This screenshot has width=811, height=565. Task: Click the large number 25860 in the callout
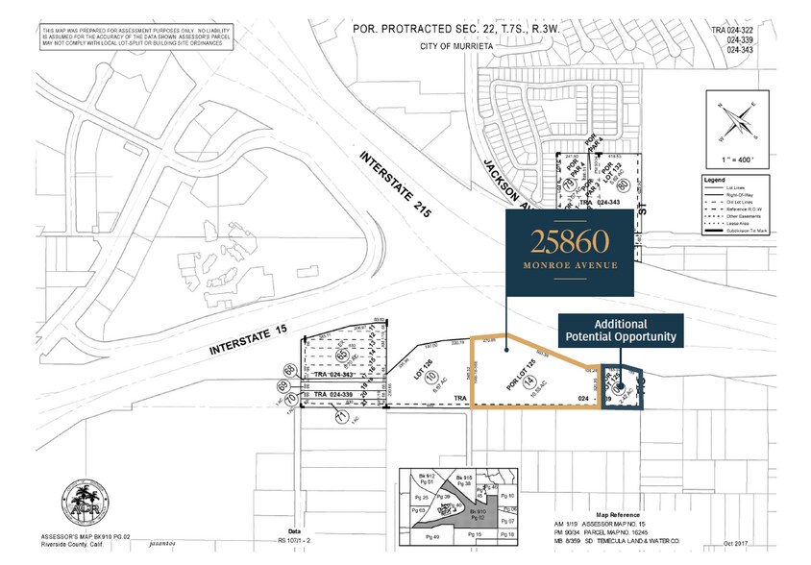(571, 241)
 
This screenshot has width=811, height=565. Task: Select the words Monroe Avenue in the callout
(571, 264)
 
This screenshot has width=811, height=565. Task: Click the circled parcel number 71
(340, 417)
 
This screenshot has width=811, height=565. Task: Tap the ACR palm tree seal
(76, 497)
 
